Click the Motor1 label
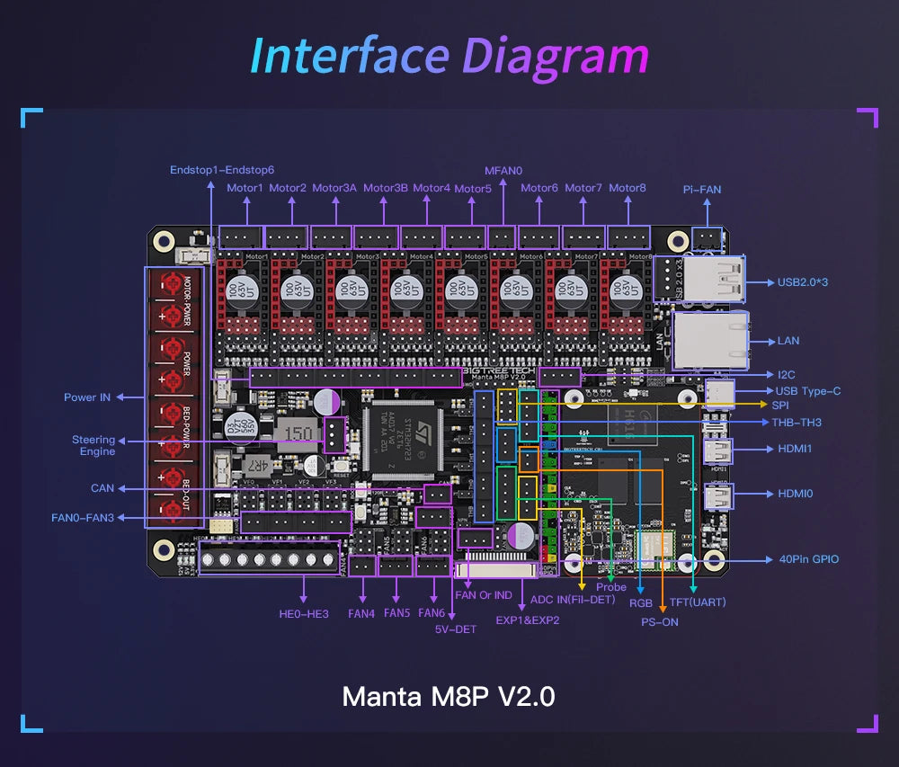(245, 188)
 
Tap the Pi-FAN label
(701, 190)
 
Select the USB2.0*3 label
(802, 282)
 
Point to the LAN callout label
(788, 341)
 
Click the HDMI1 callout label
(788, 448)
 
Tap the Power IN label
(87, 397)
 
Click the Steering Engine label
(93, 445)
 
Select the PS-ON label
(660, 621)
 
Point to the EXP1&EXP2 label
(528, 620)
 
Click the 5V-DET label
(455, 629)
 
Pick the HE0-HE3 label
(304, 614)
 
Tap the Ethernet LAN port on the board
(710, 340)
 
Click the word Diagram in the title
(555, 56)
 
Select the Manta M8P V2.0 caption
(449, 697)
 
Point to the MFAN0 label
(503, 170)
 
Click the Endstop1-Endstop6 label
(222, 170)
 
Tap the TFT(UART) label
(698, 602)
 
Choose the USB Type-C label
(808, 391)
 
